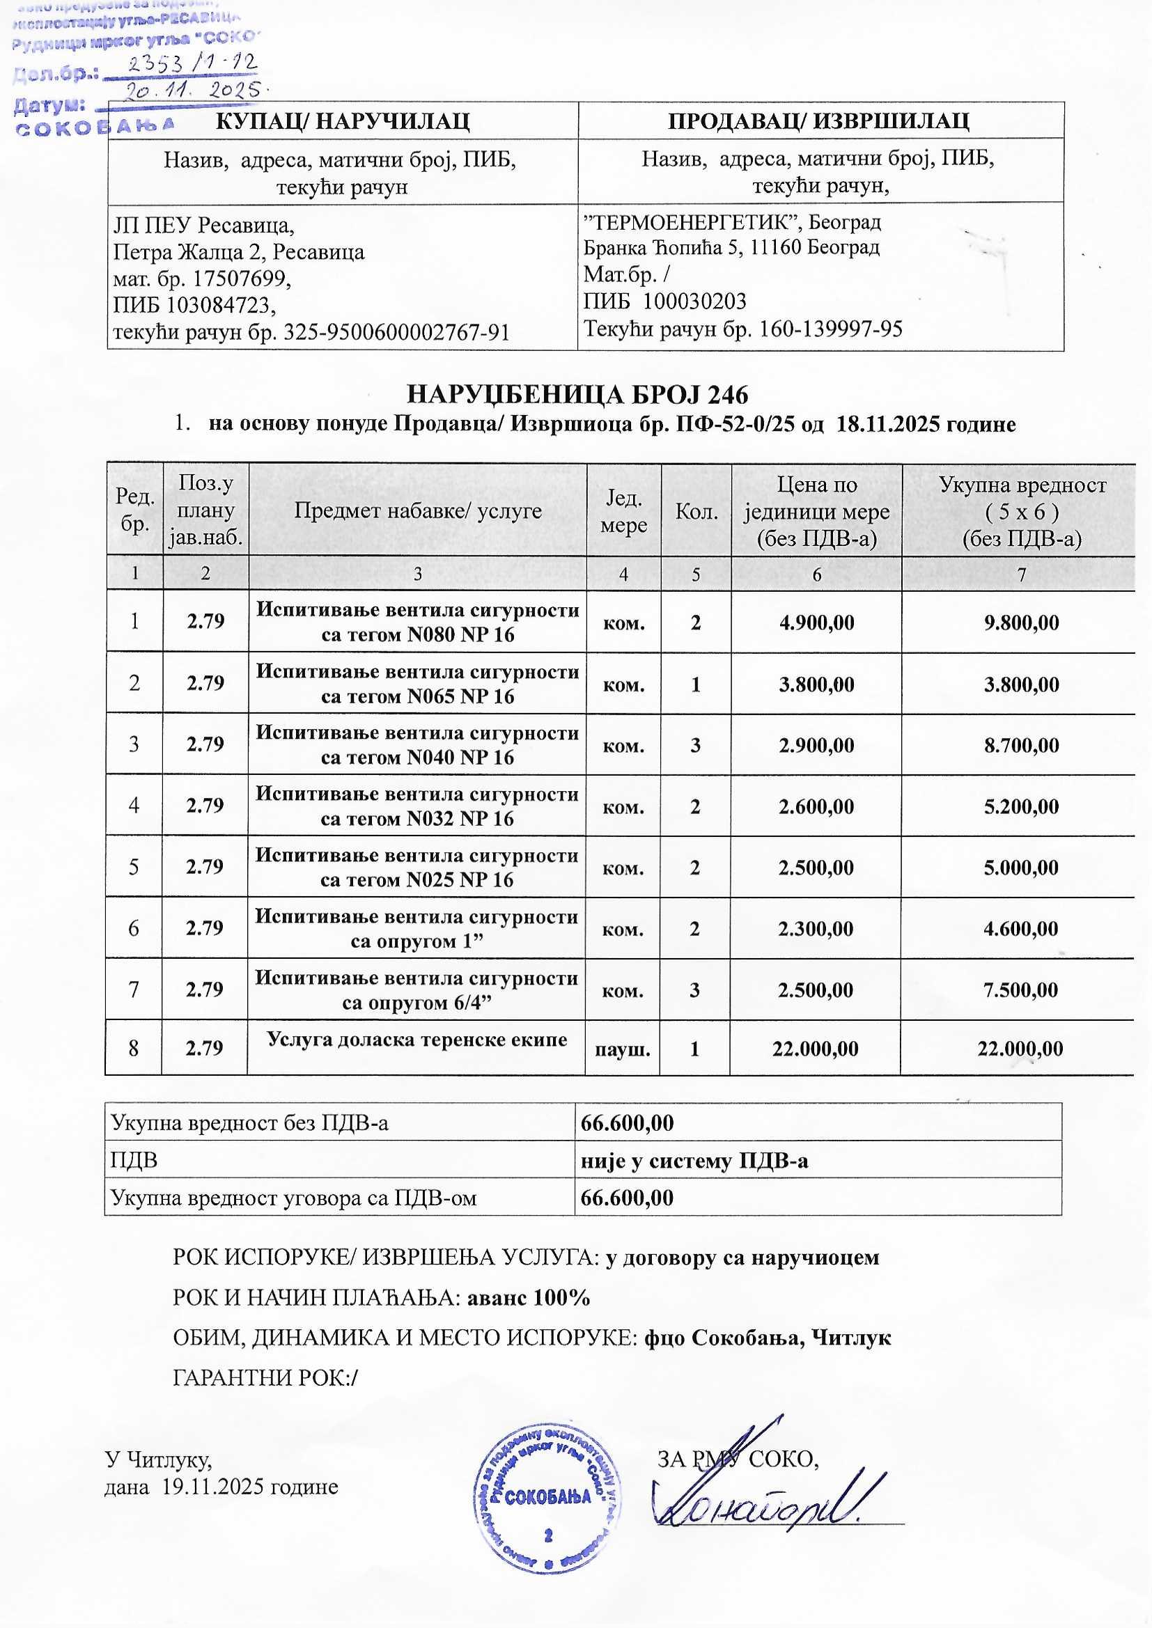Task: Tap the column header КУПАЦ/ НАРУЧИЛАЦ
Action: [342, 121]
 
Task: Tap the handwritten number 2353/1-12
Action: [192, 64]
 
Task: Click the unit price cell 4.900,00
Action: [816, 623]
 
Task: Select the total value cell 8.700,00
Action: [1021, 746]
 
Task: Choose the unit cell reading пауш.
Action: [623, 1049]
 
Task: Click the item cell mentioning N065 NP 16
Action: [417, 684]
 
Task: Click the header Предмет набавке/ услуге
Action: [417, 511]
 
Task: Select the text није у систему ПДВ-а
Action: [694, 1161]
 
